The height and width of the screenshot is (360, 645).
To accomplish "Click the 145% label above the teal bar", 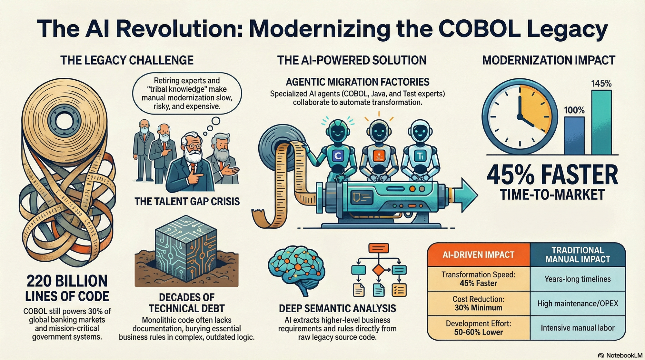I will pyautogui.click(x=601, y=84).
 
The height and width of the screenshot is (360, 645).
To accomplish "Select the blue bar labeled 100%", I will pyautogui.click(x=574, y=135).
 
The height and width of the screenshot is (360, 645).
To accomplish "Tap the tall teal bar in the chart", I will pyautogui.click(x=601, y=123).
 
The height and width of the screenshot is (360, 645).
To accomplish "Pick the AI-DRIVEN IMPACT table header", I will pyautogui.click(x=478, y=255).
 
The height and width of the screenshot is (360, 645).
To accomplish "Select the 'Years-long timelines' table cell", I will pyautogui.click(x=577, y=279).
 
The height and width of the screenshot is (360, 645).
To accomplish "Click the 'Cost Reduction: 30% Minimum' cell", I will pyautogui.click(x=478, y=303).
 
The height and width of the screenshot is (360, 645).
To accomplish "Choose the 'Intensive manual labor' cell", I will pyautogui.click(x=577, y=328).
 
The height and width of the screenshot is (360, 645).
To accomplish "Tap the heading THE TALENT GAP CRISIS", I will pyautogui.click(x=187, y=202).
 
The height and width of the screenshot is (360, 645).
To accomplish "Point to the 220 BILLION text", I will pyautogui.click(x=67, y=281).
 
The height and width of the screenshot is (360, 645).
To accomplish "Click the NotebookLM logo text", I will pyautogui.click(x=624, y=355).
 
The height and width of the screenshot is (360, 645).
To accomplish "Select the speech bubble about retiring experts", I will pyautogui.click(x=187, y=94).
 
